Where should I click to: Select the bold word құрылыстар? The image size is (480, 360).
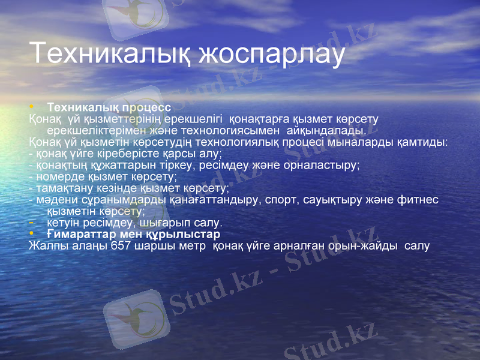point(188,233)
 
